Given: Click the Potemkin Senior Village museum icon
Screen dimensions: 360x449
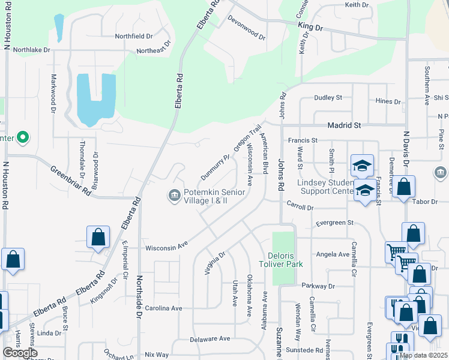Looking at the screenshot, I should (174, 196).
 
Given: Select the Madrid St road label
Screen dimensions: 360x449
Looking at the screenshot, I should (344, 125).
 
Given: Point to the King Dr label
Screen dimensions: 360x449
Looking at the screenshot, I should (310, 28).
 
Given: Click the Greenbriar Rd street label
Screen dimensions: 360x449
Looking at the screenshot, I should (70, 181).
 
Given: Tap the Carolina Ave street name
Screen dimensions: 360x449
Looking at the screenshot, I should (160, 308).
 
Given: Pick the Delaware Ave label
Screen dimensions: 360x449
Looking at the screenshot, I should (210, 338).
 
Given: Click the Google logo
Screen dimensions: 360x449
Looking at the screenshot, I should (20, 353).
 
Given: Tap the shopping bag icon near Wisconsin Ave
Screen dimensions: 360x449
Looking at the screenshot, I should (98, 237).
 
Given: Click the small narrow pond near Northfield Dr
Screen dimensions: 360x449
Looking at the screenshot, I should (58, 25).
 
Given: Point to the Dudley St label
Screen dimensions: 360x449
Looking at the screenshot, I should (328, 97).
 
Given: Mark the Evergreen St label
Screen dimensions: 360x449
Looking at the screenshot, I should (334, 223).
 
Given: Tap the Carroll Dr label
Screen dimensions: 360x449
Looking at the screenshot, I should (300, 207).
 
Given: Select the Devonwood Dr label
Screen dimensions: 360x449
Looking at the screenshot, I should (246, 28).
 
